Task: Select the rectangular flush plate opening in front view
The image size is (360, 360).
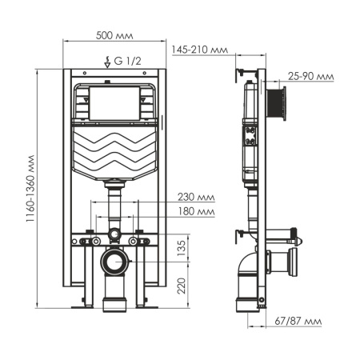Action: (112, 102)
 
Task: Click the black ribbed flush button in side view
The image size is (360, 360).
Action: (278, 101)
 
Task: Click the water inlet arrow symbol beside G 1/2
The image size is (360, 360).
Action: (108, 59)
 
